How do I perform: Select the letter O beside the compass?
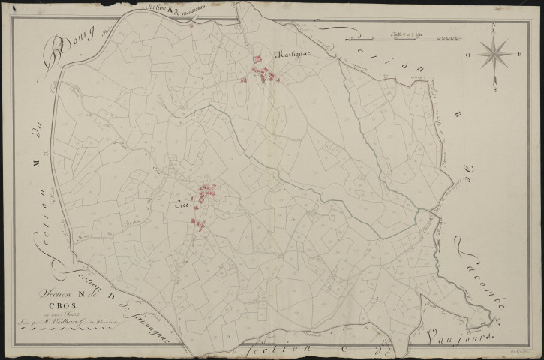(x=467, y=55)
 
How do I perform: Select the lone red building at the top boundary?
(x=192, y=26)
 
